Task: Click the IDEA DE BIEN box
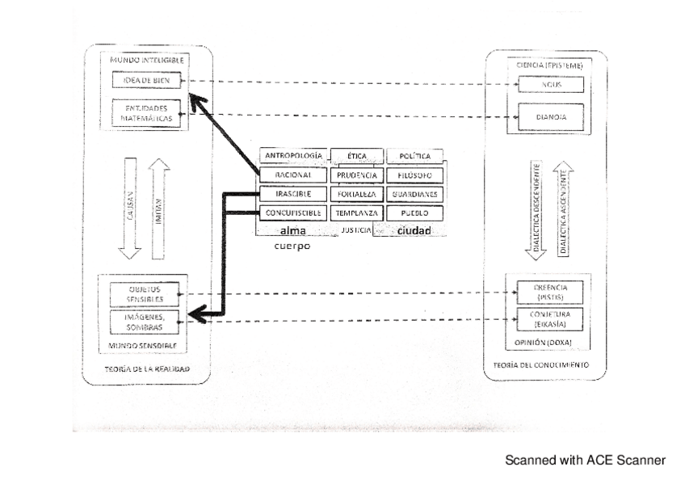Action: coord(146,81)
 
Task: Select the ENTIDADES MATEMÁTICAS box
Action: coord(146,112)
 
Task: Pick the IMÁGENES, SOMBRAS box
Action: coord(146,322)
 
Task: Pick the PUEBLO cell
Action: coord(415,213)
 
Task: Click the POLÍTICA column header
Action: coord(415,155)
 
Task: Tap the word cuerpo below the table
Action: coord(291,247)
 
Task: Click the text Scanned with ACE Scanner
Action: coord(585,461)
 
